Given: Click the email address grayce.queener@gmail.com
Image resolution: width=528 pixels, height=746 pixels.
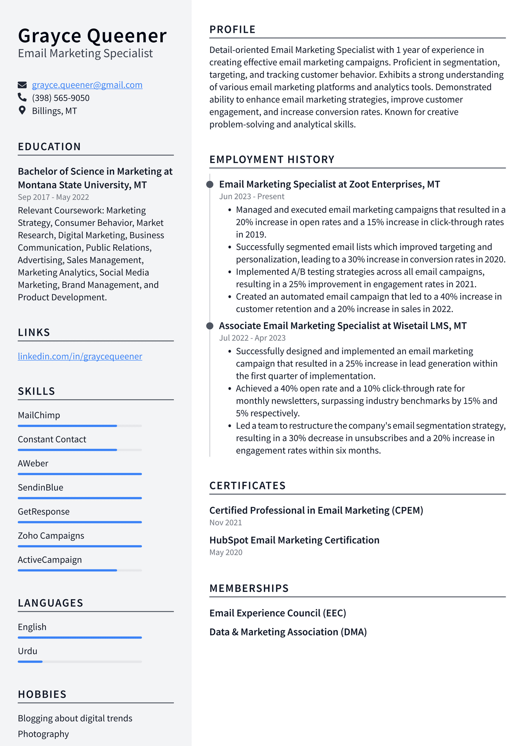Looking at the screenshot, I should pyautogui.click(x=87, y=85).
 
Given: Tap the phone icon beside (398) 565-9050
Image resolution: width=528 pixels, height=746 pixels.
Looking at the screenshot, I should pyautogui.click(x=22, y=97).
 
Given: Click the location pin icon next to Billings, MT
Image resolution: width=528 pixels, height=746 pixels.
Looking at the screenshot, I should pyautogui.click(x=22, y=110).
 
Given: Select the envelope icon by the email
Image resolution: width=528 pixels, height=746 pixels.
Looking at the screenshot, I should pyautogui.click(x=22, y=85).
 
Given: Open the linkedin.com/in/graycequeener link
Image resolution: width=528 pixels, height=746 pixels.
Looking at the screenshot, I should pyautogui.click(x=80, y=356).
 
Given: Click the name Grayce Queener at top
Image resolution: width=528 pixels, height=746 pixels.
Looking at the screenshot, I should pyautogui.click(x=92, y=36).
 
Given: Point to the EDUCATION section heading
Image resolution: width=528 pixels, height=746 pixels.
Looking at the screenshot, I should pyautogui.click(x=49, y=147).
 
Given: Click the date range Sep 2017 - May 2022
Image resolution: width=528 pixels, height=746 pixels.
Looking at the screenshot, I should pyautogui.click(x=53, y=197).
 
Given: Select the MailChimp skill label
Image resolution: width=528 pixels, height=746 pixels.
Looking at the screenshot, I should pyautogui.click(x=39, y=415).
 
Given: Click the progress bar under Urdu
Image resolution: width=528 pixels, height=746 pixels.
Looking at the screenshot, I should pyautogui.click(x=80, y=662).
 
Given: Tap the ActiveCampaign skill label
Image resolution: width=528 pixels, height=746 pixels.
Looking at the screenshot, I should pyautogui.click(x=50, y=560).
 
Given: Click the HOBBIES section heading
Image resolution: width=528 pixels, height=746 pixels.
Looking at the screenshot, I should pyautogui.click(x=42, y=694).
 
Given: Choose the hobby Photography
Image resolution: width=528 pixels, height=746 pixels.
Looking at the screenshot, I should pyautogui.click(x=43, y=734).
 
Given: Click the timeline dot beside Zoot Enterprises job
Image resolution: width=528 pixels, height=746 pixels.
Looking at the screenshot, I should pyautogui.click(x=210, y=184).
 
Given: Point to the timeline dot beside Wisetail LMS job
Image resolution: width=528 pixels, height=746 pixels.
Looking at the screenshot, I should pyautogui.click(x=210, y=326).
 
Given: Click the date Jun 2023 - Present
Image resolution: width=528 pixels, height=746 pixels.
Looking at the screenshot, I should pyautogui.click(x=252, y=197).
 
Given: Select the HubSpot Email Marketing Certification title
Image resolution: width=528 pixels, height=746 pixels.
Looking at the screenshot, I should pyautogui.click(x=294, y=540).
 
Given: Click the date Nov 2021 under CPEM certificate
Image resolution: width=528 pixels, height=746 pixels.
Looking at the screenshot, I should pyautogui.click(x=226, y=523).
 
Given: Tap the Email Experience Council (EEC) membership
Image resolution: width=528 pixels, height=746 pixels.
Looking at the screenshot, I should pyautogui.click(x=278, y=613).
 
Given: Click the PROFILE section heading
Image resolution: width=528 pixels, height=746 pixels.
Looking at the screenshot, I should pyautogui.click(x=232, y=30).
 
